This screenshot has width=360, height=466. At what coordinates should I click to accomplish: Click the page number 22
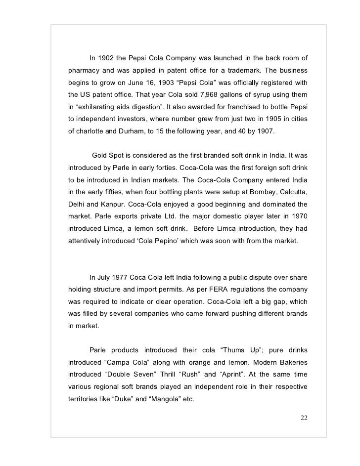pos(304,419)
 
